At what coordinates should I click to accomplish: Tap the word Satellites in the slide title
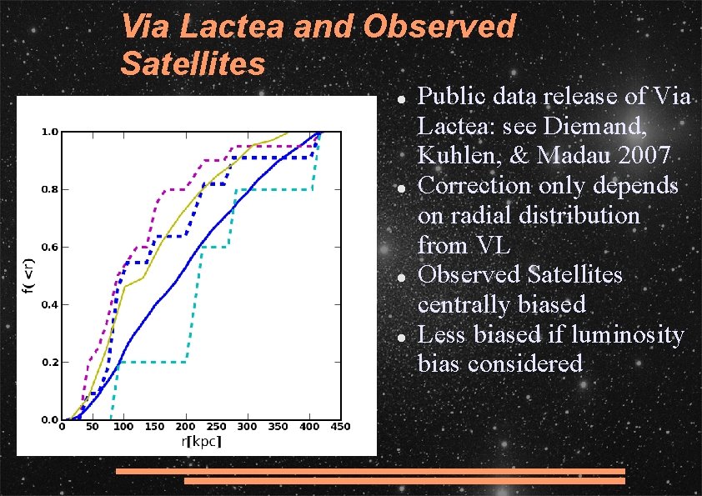tap(193, 63)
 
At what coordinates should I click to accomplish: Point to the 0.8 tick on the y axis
tap(50, 189)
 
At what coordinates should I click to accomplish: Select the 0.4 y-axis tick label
tap(50, 305)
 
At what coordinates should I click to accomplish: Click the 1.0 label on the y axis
tap(50, 132)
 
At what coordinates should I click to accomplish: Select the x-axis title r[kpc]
tap(201, 441)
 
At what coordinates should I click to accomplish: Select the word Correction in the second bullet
tap(476, 184)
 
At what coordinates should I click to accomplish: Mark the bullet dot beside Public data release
tap(400, 98)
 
